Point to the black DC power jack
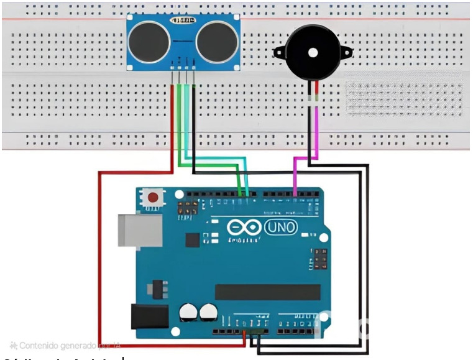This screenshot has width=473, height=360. tap(149, 316)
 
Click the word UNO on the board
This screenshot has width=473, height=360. tap(282, 228)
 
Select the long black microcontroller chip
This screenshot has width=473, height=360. tap(267, 292)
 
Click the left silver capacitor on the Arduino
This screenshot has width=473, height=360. tap(188, 313)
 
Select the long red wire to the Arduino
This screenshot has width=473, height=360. tap(99, 261)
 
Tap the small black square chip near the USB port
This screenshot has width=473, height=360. tap(192, 239)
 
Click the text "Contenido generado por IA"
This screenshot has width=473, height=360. tap(66, 345)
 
